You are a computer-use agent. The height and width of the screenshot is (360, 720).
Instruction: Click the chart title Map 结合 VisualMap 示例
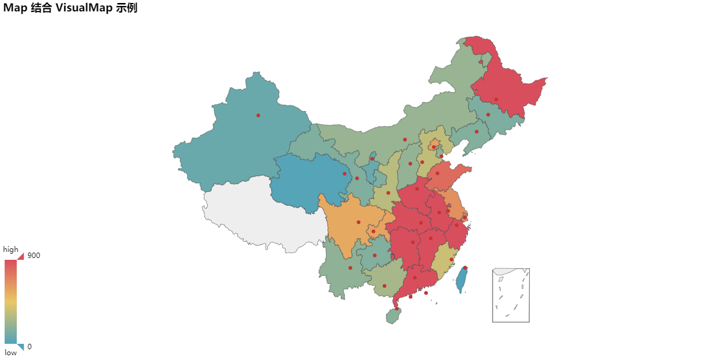pos(70,8)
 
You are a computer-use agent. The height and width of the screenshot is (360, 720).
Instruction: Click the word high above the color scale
pos(11,249)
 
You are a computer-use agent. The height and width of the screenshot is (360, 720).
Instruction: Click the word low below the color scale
pos(11,352)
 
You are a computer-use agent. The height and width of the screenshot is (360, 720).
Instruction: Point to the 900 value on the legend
pos(34,256)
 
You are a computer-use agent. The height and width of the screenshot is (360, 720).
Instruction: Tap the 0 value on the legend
pos(29,347)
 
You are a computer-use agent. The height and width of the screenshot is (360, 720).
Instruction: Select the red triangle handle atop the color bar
pos(20,256)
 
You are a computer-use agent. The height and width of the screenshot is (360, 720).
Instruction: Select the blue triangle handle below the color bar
pos(20,346)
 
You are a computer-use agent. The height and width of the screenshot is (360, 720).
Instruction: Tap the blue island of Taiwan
pos(461,280)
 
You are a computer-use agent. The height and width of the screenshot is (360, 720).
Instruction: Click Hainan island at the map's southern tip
pos(394,315)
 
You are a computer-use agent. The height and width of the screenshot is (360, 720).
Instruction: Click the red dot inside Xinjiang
pos(258,115)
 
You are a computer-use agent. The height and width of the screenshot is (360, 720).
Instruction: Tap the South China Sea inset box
pos(511,295)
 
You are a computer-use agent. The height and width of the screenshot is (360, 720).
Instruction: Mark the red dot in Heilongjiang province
pos(496,100)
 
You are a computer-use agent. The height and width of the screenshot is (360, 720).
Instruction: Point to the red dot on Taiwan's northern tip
pos(465,268)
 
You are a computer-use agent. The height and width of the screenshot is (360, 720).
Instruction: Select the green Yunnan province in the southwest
pos(342,270)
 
